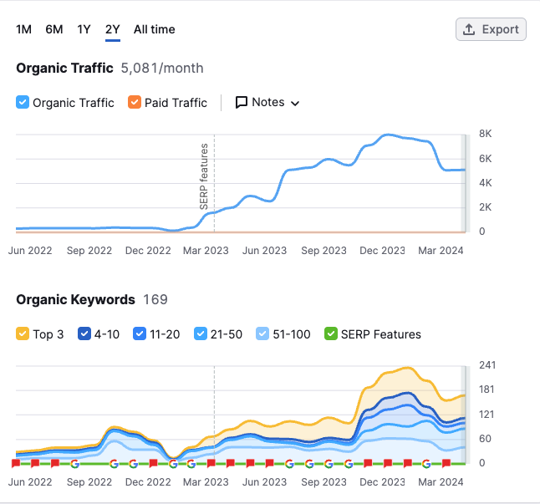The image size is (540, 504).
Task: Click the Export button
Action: (491, 29)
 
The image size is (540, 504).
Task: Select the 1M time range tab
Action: (23, 29)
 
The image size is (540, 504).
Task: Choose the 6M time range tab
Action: (54, 29)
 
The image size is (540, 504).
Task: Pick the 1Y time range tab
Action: (84, 29)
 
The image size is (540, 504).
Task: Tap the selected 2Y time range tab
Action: (112, 29)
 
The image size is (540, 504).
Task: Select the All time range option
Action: (154, 29)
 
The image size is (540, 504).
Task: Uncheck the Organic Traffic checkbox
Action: (23, 103)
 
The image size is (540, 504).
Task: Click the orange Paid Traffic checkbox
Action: (135, 103)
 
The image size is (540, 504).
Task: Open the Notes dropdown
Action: (267, 103)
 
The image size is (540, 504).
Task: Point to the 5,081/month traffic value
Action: (162, 68)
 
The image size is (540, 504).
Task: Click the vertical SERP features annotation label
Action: (203, 176)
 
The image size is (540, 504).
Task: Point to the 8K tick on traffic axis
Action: (484, 134)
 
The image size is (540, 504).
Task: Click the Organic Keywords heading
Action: (75, 299)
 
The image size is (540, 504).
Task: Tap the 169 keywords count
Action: (155, 299)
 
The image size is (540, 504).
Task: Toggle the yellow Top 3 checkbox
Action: (23, 334)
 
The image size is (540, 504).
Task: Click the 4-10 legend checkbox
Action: (84, 334)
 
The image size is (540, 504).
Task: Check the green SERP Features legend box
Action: (331, 334)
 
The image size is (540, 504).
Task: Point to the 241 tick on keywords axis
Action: (487, 365)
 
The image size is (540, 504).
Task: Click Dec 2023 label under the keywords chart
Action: (381, 481)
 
